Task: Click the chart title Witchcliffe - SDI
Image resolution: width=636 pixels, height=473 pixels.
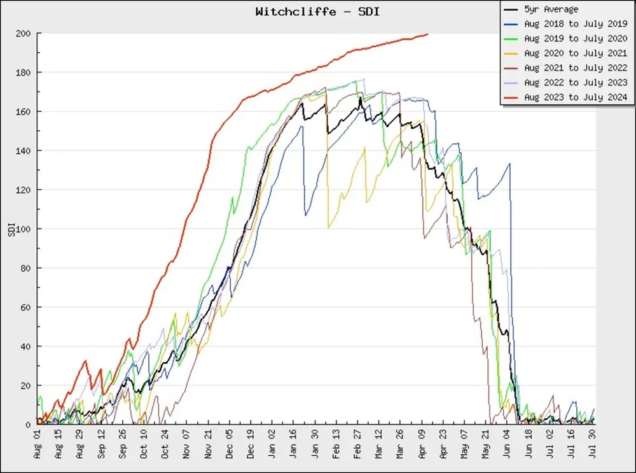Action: (317, 11)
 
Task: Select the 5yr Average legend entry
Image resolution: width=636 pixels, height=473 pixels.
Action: (551, 10)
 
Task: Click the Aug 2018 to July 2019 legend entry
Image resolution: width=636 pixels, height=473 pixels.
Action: (576, 24)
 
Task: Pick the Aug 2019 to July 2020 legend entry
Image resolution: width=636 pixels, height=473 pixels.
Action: (576, 39)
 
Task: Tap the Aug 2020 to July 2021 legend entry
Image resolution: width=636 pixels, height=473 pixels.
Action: (576, 53)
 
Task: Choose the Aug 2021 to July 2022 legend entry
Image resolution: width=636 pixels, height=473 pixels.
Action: (576, 68)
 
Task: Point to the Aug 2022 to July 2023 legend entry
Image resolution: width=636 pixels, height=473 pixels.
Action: (576, 83)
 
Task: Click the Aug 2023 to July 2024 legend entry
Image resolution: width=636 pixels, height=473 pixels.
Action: (576, 97)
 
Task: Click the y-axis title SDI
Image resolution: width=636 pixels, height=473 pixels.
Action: (10, 229)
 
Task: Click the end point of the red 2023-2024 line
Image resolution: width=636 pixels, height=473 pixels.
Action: (427, 34)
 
